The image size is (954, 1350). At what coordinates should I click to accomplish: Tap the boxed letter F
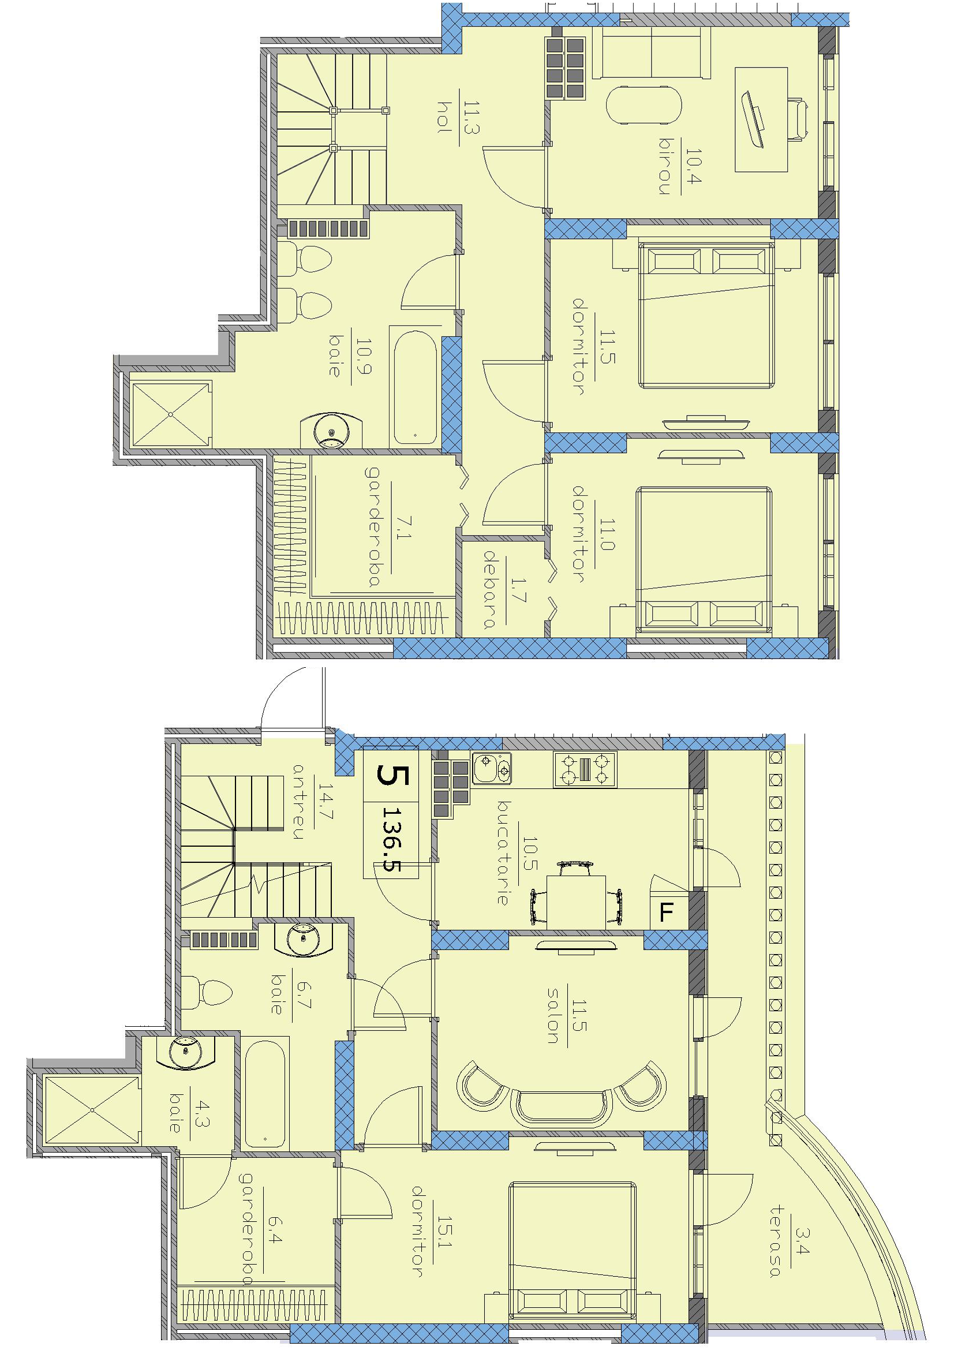[x=666, y=913]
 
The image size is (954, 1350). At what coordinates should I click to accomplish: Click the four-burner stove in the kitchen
[x=585, y=771]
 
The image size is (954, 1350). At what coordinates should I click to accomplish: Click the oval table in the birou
[x=644, y=105]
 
